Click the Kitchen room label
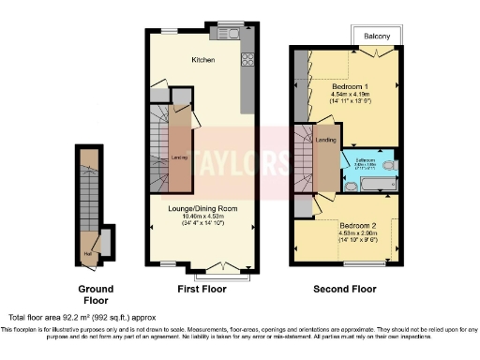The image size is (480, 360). (203, 60)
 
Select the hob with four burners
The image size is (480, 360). (248, 60)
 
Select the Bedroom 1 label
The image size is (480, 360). (352, 85)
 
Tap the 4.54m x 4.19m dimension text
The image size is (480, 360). (352, 94)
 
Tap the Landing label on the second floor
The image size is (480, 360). (325, 141)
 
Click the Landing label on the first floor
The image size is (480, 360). (177, 158)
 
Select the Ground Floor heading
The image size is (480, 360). (96, 294)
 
